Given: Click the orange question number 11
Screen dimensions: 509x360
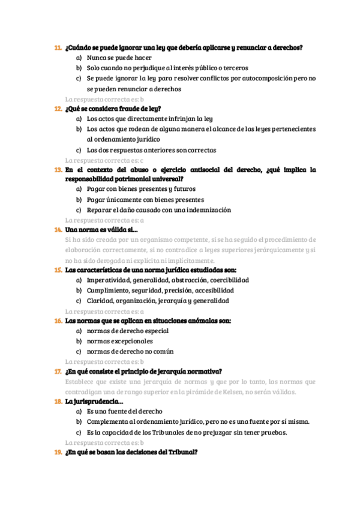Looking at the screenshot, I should [58, 48].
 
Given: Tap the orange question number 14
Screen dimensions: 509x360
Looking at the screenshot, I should [58, 230].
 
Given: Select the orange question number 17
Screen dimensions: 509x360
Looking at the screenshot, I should [58, 371].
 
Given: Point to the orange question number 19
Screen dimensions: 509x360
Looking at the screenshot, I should [58, 452].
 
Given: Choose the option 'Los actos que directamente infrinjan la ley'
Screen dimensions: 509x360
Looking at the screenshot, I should [149, 119].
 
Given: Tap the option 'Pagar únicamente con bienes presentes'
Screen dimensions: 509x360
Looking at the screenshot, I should [145, 199].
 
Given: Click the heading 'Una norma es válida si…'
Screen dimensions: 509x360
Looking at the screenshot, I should [101, 230].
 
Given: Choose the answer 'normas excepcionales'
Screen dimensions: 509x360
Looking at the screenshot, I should [119, 341].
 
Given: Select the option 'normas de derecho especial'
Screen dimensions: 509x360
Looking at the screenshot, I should [128, 331].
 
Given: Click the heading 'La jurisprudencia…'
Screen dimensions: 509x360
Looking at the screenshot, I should [94, 402].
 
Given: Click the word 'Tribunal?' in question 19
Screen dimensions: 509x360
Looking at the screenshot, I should [182, 452].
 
